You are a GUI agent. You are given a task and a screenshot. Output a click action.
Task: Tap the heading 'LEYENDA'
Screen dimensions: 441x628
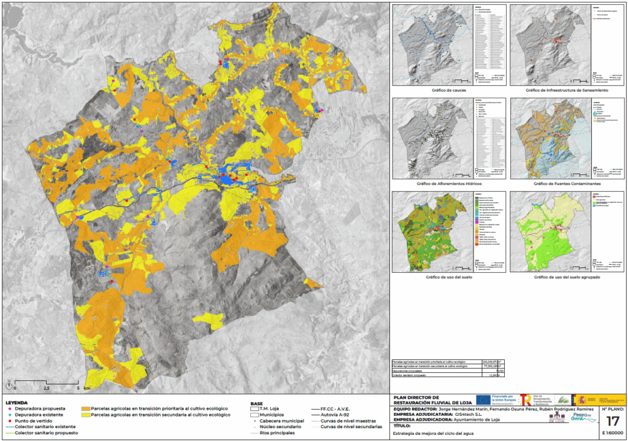(x=17, y=403)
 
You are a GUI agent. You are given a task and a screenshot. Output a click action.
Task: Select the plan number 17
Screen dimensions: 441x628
(x=612, y=421)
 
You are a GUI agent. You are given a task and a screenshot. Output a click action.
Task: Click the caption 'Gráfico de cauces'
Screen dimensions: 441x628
(x=448, y=90)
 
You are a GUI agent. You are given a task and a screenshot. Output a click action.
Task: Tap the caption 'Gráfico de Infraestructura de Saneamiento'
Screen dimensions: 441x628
(x=566, y=90)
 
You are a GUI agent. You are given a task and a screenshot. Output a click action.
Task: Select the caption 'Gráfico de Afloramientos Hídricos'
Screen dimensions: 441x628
(x=448, y=183)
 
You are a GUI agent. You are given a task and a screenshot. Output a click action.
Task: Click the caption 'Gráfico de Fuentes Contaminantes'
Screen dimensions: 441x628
(x=566, y=183)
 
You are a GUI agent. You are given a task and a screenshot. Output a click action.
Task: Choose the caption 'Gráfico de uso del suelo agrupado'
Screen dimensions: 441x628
(x=566, y=277)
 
